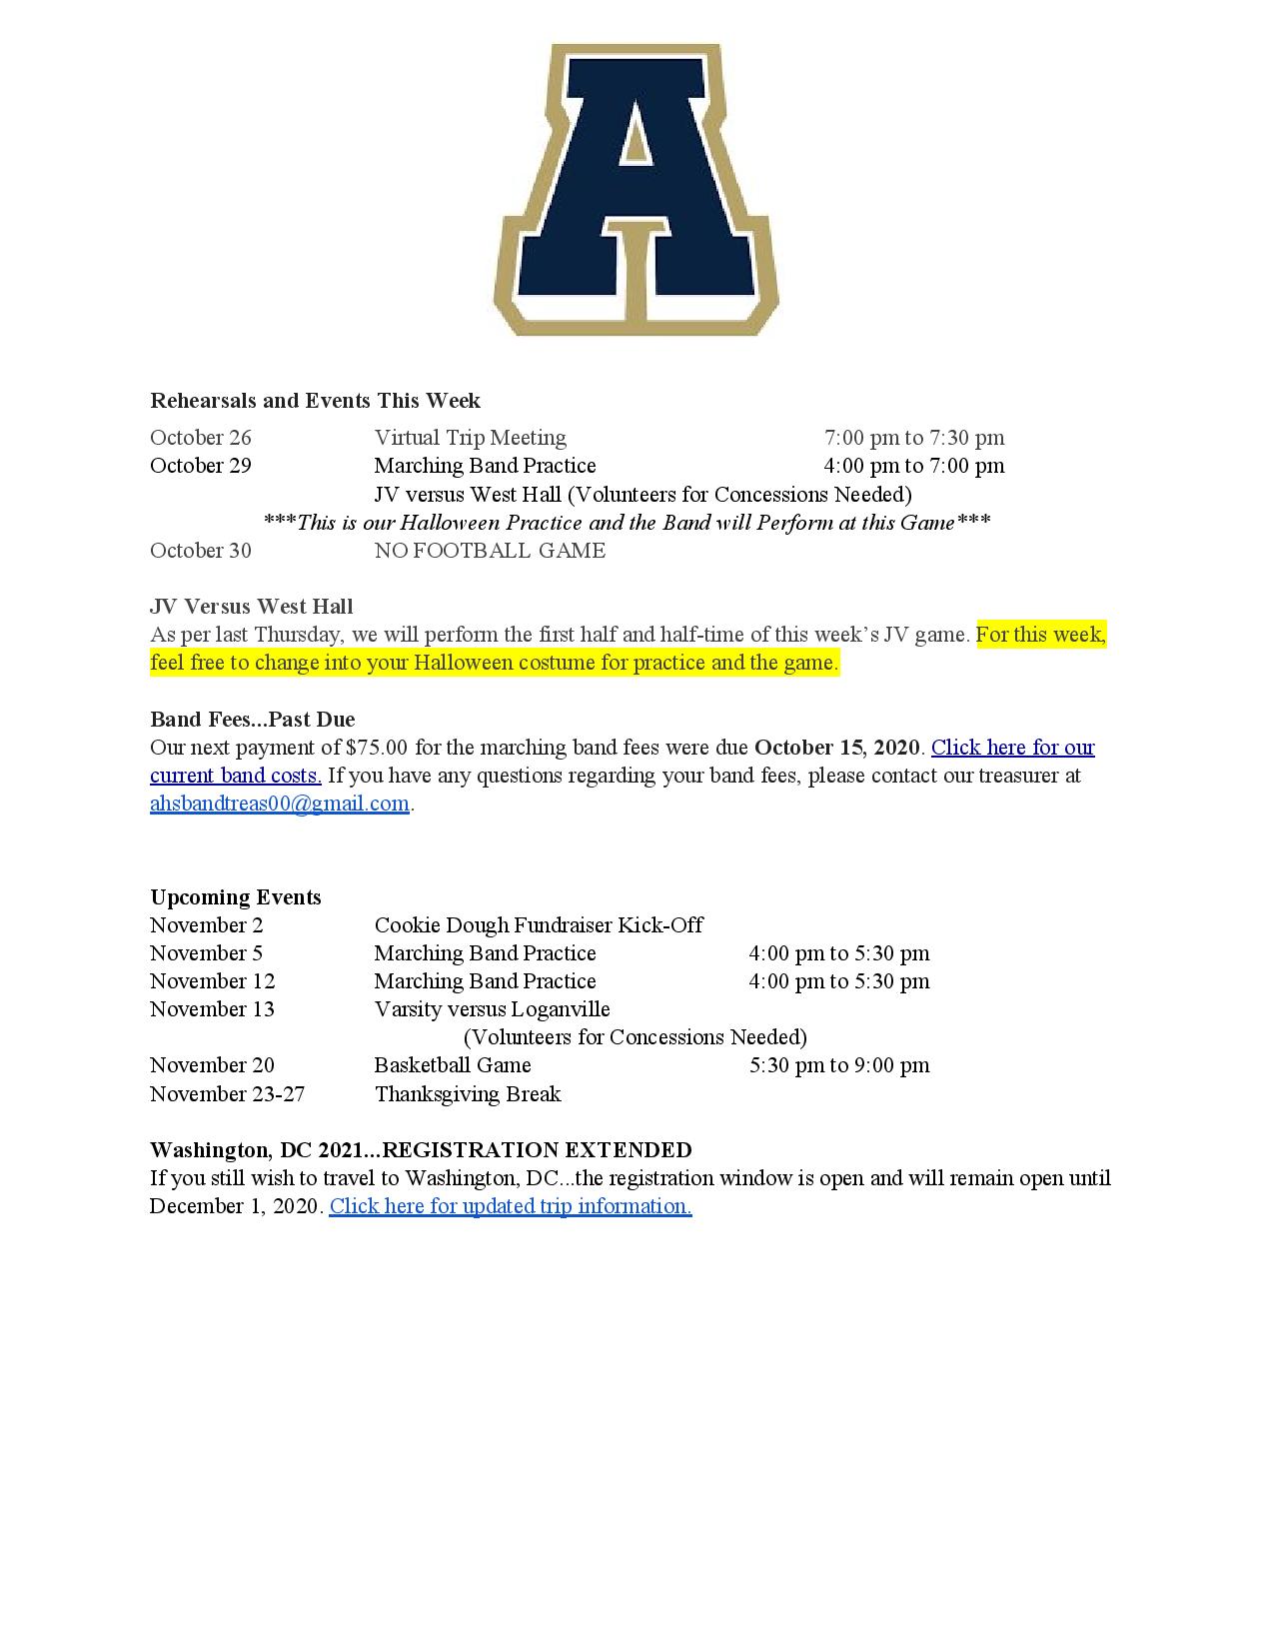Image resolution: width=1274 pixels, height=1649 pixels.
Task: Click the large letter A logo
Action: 637,190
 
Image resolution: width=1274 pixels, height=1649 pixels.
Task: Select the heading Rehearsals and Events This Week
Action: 315,401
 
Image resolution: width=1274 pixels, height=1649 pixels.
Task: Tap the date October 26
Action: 201,438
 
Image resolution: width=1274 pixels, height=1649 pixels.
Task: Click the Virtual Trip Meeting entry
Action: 470,438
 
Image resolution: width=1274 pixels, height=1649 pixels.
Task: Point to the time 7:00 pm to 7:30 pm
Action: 913,438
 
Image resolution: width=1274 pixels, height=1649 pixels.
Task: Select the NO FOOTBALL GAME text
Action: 490,551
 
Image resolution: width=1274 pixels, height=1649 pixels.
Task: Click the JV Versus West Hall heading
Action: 251,607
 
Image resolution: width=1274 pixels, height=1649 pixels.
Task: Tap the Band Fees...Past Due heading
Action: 252,720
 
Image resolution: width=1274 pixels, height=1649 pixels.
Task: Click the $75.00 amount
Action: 377,748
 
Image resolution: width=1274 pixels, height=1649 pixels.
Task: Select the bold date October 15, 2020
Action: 836,748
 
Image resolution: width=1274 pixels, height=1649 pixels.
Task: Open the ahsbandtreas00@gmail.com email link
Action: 280,804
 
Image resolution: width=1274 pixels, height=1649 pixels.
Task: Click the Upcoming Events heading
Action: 236,897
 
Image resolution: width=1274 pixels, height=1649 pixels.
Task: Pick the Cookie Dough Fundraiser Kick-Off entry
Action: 539,925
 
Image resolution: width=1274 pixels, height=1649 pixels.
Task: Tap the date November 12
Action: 212,981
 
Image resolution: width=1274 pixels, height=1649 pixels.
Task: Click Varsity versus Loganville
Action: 492,1009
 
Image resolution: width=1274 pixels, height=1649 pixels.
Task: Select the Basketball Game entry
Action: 453,1065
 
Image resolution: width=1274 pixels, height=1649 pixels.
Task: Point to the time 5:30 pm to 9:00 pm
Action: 839,1065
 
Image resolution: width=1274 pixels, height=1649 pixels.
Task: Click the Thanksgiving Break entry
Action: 468,1094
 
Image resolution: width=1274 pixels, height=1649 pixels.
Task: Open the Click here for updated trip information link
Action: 511,1206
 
